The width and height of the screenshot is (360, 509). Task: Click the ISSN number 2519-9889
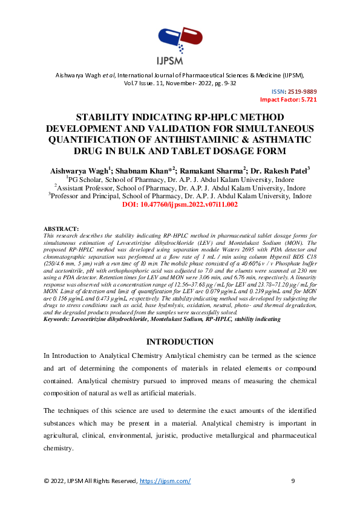(302, 91)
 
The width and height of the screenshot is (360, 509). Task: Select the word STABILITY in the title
(103, 118)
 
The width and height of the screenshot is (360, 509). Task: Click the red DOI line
(180, 205)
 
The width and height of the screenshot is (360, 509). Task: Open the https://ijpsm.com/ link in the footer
(165, 481)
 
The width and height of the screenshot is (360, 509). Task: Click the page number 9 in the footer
(293, 481)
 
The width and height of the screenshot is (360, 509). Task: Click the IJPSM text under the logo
(180, 60)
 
